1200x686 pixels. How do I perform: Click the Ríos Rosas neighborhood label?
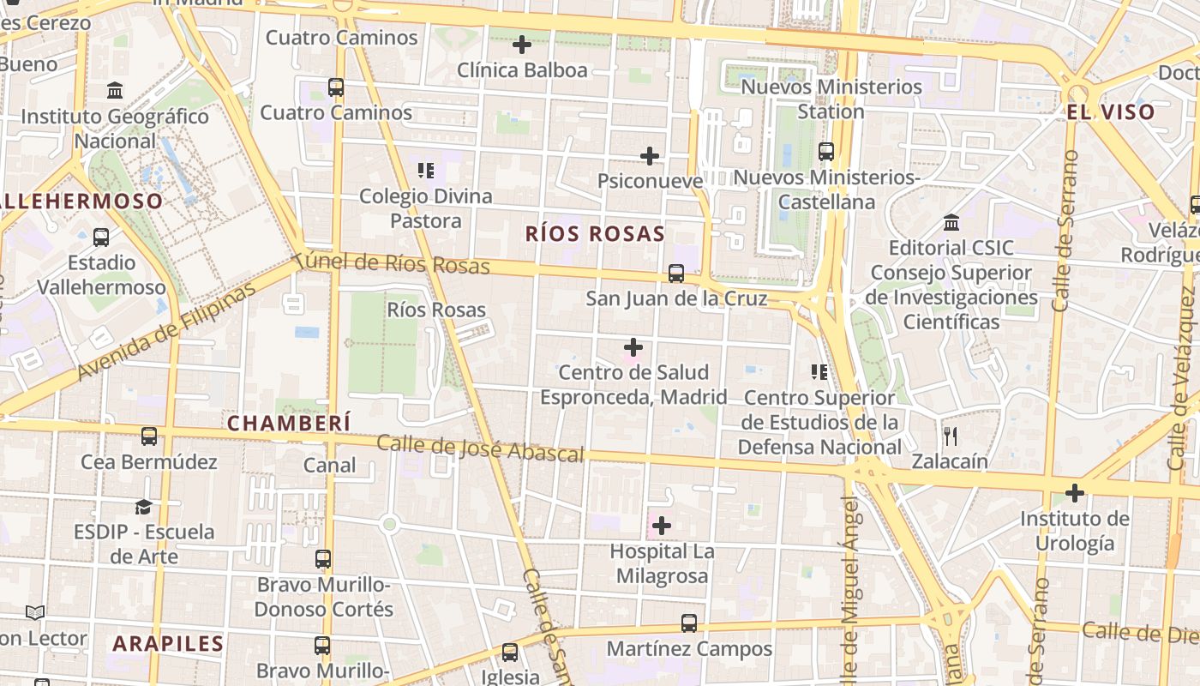pyautogui.click(x=595, y=233)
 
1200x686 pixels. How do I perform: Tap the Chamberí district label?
pyautogui.click(x=289, y=423)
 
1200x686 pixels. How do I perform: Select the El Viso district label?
pyautogui.click(x=1111, y=111)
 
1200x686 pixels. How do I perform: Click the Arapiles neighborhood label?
pyautogui.click(x=168, y=643)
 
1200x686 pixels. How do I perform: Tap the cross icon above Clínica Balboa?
pyautogui.click(x=521, y=45)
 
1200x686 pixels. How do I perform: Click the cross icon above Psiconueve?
pyautogui.click(x=650, y=156)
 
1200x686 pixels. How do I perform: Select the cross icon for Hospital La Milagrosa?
pyautogui.click(x=662, y=525)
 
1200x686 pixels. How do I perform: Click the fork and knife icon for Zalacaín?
pyautogui.click(x=950, y=436)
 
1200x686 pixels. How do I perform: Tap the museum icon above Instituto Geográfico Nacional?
pyautogui.click(x=115, y=90)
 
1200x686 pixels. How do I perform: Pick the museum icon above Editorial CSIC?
pyautogui.click(x=951, y=223)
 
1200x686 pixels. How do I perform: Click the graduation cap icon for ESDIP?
pyautogui.click(x=143, y=507)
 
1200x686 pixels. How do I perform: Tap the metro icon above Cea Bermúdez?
pyautogui.click(x=149, y=436)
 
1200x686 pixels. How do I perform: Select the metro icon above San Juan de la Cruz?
pyautogui.click(x=676, y=274)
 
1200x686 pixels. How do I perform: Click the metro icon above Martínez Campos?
pyautogui.click(x=689, y=623)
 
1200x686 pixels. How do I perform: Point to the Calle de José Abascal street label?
pyautogui.click(x=480, y=448)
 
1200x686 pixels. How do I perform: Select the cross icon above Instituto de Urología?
pyautogui.click(x=1074, y=493)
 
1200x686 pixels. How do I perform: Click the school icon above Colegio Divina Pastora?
pyautogui.click(x=425, y=171)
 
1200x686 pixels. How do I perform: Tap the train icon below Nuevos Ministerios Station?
pyautogui.click(x=826, y=152)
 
